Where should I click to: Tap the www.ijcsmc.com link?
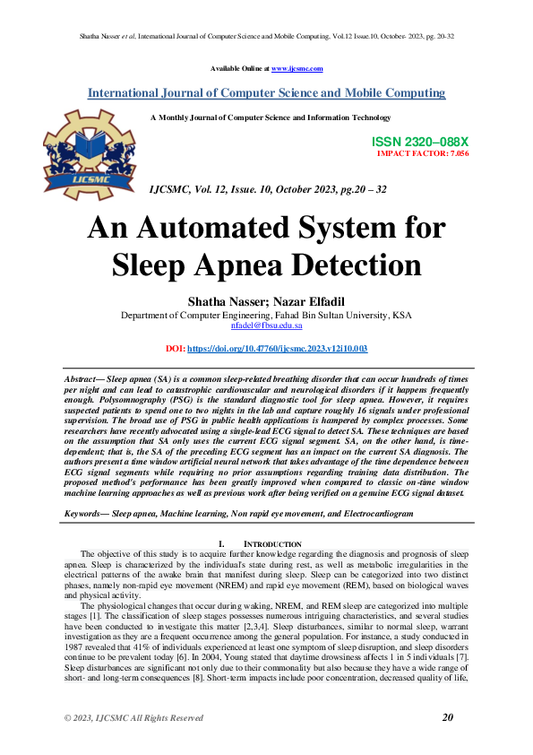point(297,69)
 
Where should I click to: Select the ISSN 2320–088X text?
point(420,142)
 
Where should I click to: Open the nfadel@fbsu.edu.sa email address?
point(266,326)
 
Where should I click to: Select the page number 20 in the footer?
point(448,717)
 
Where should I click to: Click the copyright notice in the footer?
point(133,718)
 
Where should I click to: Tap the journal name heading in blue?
point(266,93)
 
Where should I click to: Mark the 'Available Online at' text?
point(240,69)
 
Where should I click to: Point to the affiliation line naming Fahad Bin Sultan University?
point(266,316)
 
